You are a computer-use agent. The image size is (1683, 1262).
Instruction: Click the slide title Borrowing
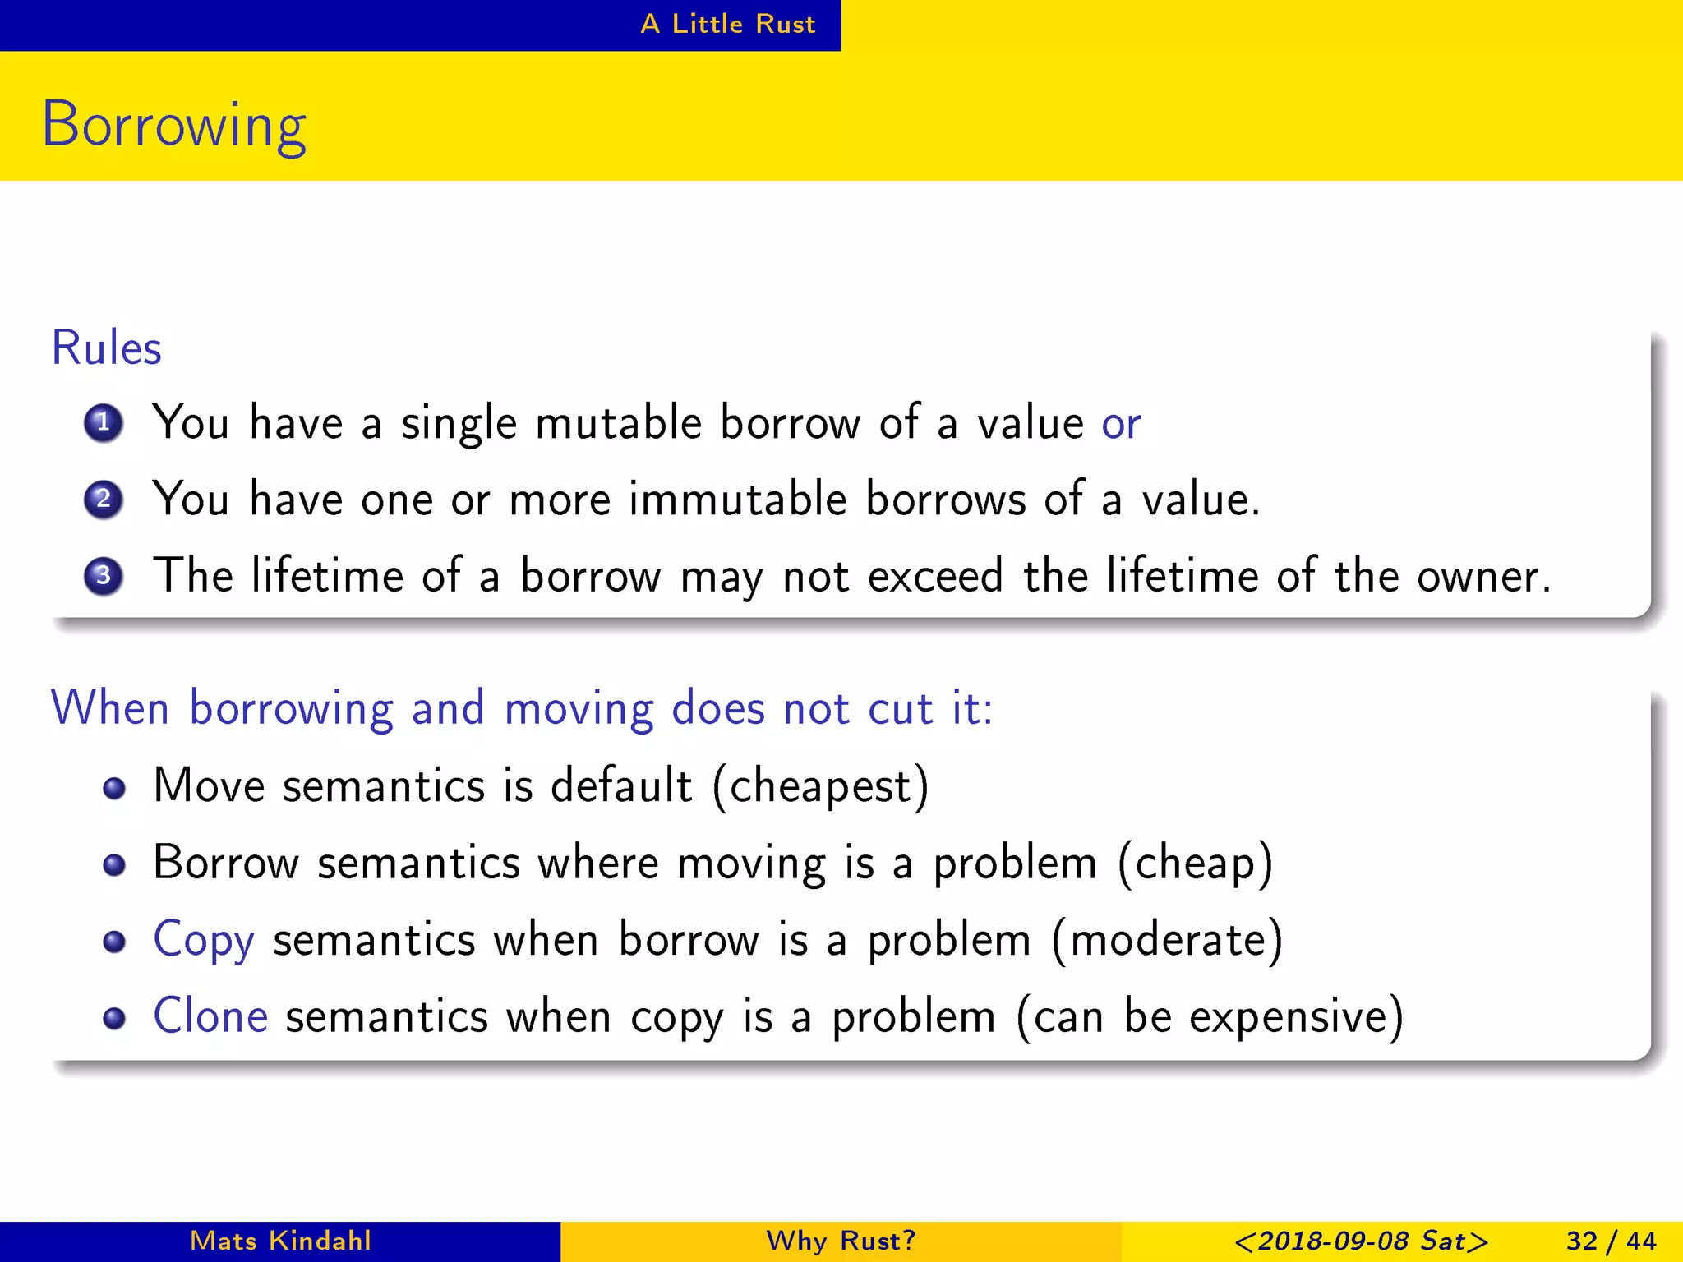click(x=173, y=125)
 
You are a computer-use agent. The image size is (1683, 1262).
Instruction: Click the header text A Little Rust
click(x=727, y=24)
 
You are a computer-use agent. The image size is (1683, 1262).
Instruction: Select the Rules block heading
click(x=106, y=348)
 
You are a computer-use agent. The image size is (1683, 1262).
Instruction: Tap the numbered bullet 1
click(x=104, y=423)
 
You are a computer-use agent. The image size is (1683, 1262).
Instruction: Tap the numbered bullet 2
click(x=104, y=500)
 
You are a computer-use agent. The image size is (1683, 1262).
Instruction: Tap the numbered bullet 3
click(x=104, y=575)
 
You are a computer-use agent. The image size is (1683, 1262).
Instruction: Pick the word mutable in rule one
click(x=618, y=423)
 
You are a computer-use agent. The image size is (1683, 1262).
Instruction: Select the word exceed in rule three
click(x=935, y=576)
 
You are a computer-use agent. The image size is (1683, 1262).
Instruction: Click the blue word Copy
click(x=204, y=941)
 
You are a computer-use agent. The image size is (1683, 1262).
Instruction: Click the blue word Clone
click(x=210, y=1016)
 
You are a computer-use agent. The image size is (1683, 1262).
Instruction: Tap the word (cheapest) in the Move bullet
click(x=820, y=786)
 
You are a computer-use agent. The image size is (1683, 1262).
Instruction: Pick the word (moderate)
click(x=1167, y=940)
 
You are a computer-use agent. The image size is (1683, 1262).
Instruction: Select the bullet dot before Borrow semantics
click(x=114, y=864)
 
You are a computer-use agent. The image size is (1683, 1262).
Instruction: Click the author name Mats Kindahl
click(x=280, y=1241)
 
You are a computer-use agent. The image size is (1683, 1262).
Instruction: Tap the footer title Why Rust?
click(x=841, y=1241)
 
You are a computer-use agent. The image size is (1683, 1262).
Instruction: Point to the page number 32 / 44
click(x=1611, y=1241)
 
